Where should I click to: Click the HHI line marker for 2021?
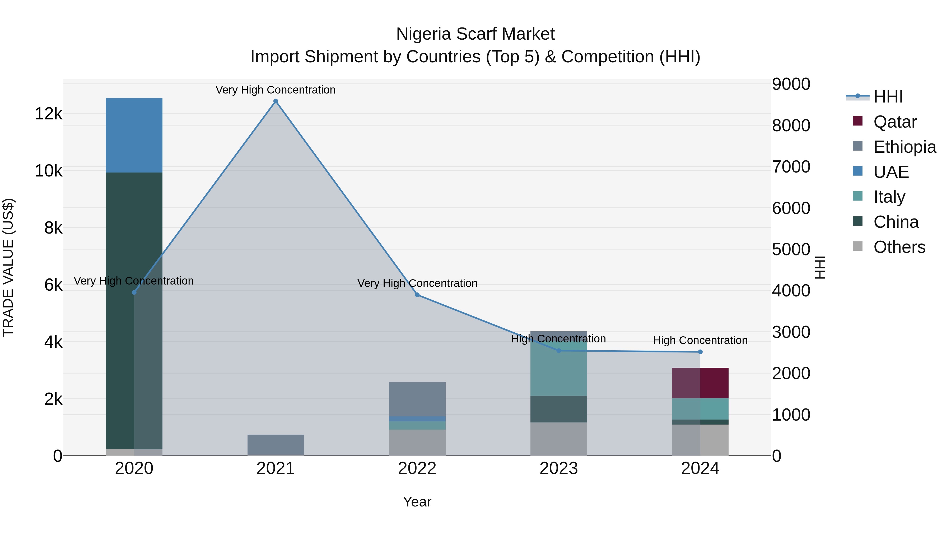(276, 101)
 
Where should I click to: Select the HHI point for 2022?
(417, 295)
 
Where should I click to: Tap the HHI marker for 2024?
(700, 352)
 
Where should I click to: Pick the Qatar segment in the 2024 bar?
(700, 383)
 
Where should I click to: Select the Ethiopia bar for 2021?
(276, 445)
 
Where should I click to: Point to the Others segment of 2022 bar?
(417, 442)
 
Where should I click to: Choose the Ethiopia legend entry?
(904, 147)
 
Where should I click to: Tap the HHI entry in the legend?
(888, 97)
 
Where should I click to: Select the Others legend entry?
(899, 247)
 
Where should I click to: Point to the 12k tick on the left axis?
(48, 114)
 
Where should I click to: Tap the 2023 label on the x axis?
(558, 468)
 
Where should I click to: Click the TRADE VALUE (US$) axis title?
(8, 267)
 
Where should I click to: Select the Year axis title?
(417, 502)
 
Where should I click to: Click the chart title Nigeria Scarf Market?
(475, 34)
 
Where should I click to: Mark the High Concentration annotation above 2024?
(700, 340)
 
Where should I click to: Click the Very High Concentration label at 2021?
(276, 90)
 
